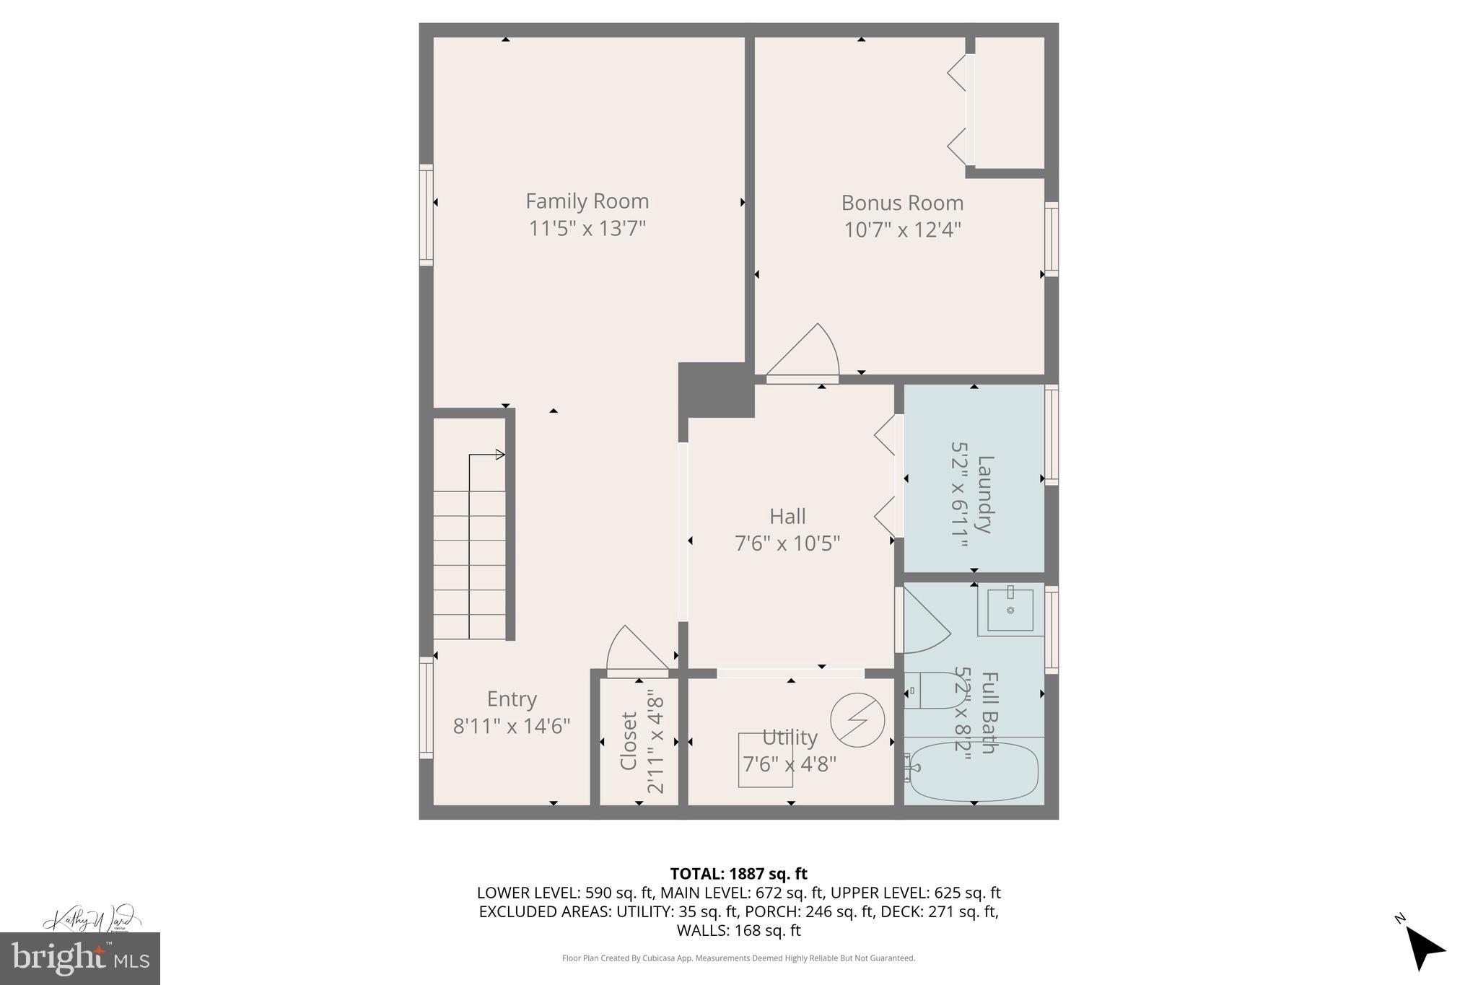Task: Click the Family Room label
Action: pyautogui.click(x=587, y=201)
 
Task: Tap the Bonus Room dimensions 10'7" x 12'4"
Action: pyautogui.click(x=902, y=230)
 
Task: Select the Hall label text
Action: pyautogui.click(x=787, y=516)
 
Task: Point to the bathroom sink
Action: pyautogui.click(x=1010, y=611)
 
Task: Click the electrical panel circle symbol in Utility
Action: pyautogui.click(x=857, y=720)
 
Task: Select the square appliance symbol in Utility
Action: pyautogui.click(x=765, y=760)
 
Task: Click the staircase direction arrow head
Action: pyautogui.click(x=499, y=455)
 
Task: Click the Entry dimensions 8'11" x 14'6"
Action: pyautogui.click(x=512, y=726)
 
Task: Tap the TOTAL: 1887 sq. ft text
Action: pyautogui.click(x=738, y=874)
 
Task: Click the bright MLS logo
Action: pyautogui.click(x=80, y=958)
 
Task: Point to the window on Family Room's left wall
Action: pyautogui.click(x=427, y=215)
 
